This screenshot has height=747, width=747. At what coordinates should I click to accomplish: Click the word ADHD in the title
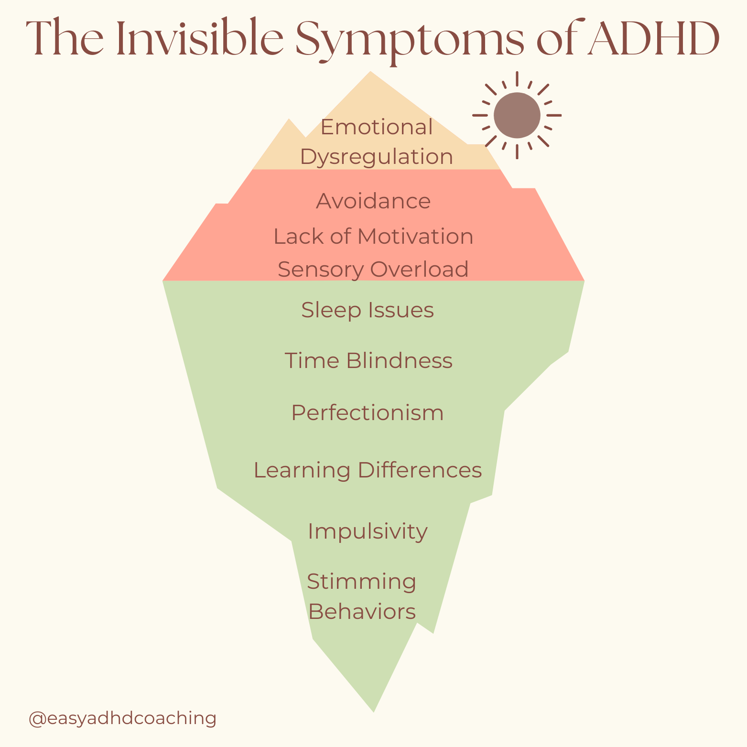654,39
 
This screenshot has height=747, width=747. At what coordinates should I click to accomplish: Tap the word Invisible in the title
200,39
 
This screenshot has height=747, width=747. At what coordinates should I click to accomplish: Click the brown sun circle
517,115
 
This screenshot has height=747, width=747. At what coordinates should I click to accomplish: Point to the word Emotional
377,128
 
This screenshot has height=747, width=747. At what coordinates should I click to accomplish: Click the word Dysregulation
377,157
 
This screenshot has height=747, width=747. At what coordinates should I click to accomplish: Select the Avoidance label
373,201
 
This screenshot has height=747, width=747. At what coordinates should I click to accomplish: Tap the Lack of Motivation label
373,237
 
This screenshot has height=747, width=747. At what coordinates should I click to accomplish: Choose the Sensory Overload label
373,270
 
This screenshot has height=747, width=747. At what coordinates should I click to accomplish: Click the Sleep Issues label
368,310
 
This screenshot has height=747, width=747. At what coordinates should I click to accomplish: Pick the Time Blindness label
368,360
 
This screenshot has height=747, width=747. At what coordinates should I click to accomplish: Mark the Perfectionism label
368,413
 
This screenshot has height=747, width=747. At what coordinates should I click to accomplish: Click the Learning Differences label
368,470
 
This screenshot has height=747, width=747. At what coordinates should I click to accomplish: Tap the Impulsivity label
368,531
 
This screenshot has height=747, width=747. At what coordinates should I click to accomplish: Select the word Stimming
361,582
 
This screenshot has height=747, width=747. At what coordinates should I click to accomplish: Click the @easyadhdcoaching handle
123,718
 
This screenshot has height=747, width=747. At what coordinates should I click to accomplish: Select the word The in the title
65,39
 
